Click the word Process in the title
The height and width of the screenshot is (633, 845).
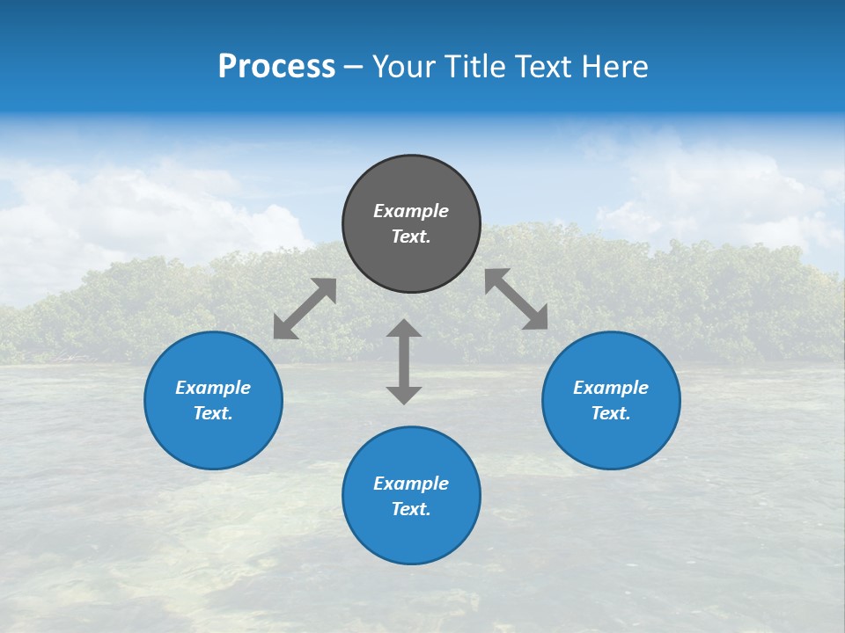click(276, 67)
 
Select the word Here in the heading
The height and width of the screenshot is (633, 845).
click(616, 67)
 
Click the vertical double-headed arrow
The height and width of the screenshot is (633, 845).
click(404, 361)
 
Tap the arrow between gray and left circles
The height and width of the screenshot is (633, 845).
click(305, 309)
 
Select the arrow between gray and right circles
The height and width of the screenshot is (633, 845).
click(517, 299)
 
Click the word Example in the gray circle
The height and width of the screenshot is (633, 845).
click(411, 211)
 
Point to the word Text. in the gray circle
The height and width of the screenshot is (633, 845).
click(411, 236)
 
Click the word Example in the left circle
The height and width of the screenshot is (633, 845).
click(213, 388)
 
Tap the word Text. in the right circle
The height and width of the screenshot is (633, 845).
click(611, 413)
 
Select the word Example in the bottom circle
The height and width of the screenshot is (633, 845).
click(411, 484)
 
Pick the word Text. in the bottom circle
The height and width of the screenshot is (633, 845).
click(411, 509)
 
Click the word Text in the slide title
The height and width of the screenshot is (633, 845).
click(544, 67)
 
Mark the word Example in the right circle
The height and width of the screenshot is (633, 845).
click(611, 388)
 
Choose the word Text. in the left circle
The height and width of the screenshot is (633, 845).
click(213, 413)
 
